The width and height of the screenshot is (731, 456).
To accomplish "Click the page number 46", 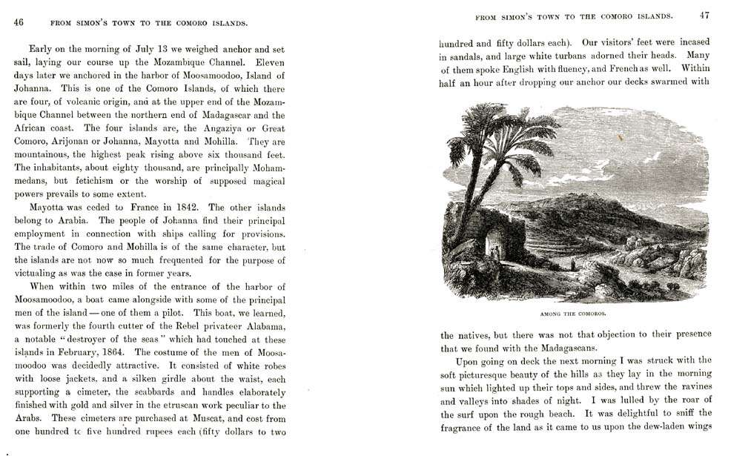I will (19, 22).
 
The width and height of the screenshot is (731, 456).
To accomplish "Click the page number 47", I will (704, 15).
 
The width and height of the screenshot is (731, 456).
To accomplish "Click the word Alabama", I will (262, 327).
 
